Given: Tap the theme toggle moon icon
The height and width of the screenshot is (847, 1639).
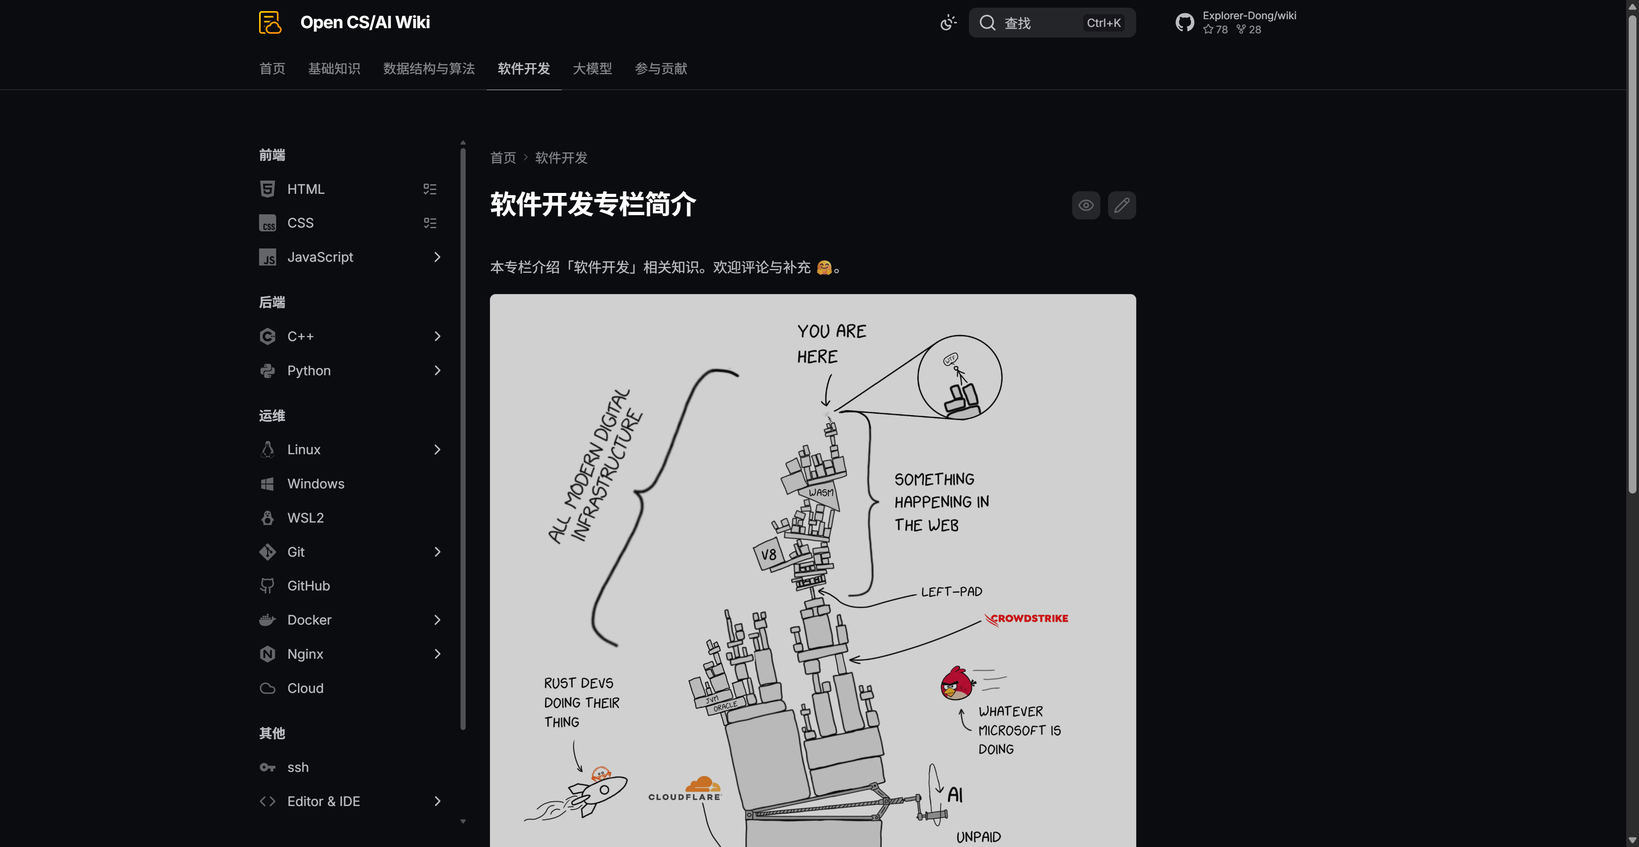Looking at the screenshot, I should (948, 23).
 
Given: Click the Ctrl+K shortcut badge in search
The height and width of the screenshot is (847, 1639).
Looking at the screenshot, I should (1103, 23).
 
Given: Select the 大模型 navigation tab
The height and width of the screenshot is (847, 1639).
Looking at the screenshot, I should (592, 69).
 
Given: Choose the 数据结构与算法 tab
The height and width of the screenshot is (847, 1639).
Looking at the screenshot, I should (429, 69).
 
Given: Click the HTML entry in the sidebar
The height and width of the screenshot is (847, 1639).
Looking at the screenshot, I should (306, 189).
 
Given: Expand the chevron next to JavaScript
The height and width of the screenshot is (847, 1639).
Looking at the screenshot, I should (437, 257).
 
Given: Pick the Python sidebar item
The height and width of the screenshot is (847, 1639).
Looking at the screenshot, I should (309, 371).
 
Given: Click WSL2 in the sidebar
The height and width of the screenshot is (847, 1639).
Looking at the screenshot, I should (306, 518).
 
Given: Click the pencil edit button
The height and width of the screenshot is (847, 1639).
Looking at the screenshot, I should (1122, 205).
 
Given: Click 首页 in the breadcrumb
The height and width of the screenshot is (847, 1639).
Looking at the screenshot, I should (503, 158).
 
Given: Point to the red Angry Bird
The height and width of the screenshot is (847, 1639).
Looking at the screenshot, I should (956, 683).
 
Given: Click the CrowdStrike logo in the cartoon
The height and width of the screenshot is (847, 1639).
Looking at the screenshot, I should (1026, 619).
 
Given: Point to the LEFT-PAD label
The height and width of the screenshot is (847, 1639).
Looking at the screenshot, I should (951, 592).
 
